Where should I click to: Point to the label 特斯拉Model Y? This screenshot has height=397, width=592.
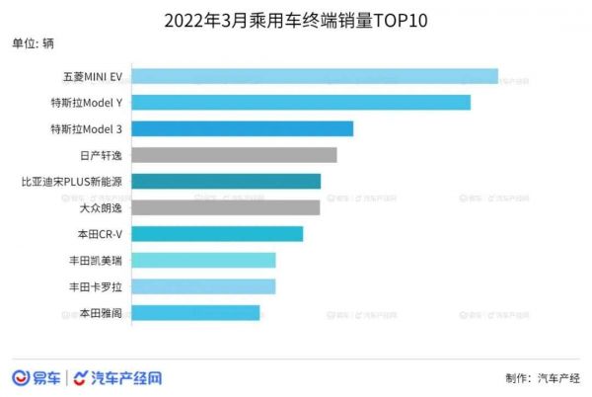(87, 102)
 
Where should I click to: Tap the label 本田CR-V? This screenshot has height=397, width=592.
(100, 234)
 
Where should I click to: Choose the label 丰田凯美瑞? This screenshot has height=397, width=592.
(96, 260)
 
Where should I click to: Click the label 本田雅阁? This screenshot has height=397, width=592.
(101, 312)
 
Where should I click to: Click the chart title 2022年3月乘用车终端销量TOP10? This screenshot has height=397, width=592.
(295, 19)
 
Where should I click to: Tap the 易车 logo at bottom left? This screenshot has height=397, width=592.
(37, 377)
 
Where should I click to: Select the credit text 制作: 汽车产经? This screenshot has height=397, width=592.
(542, 378)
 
